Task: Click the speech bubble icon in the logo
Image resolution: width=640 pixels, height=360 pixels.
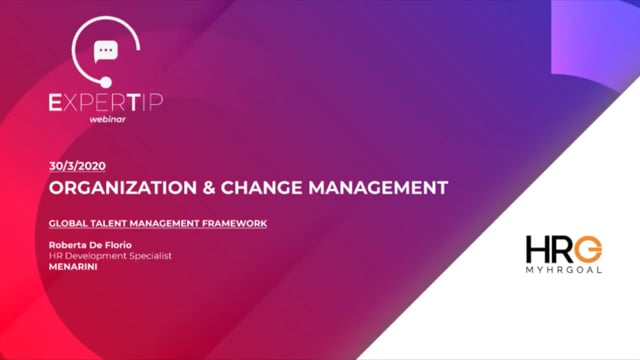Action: click(105, 52)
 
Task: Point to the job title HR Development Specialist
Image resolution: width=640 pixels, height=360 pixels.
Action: click(110, 256)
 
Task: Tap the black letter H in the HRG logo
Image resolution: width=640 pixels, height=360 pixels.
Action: click(537, 248)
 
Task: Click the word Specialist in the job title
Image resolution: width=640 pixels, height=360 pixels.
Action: click(150, 256)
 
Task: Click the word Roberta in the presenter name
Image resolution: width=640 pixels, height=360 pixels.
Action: click(68, 244)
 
